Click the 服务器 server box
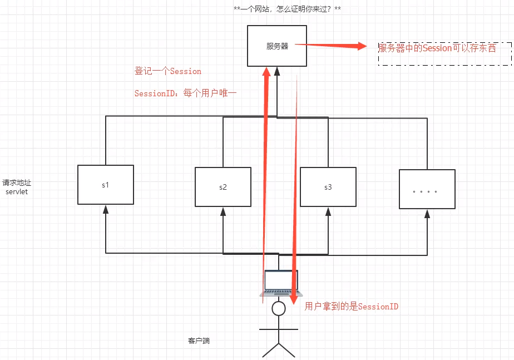coord(277,46)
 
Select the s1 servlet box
coord(106,184)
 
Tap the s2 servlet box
coord(223,187)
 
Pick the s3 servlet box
coord(328,187)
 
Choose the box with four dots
coord(427,189)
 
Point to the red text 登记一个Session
coord(168,71)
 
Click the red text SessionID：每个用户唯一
coord(185,93)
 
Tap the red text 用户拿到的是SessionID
coord(352,307)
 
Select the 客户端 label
coord(199,341)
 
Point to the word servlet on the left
coord(16,191)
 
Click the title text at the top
coord(288,9)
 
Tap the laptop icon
coord(281,282)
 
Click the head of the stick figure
coord(278,308)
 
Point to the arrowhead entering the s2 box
coord(223,211)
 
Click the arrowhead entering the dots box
coord(427,213)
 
